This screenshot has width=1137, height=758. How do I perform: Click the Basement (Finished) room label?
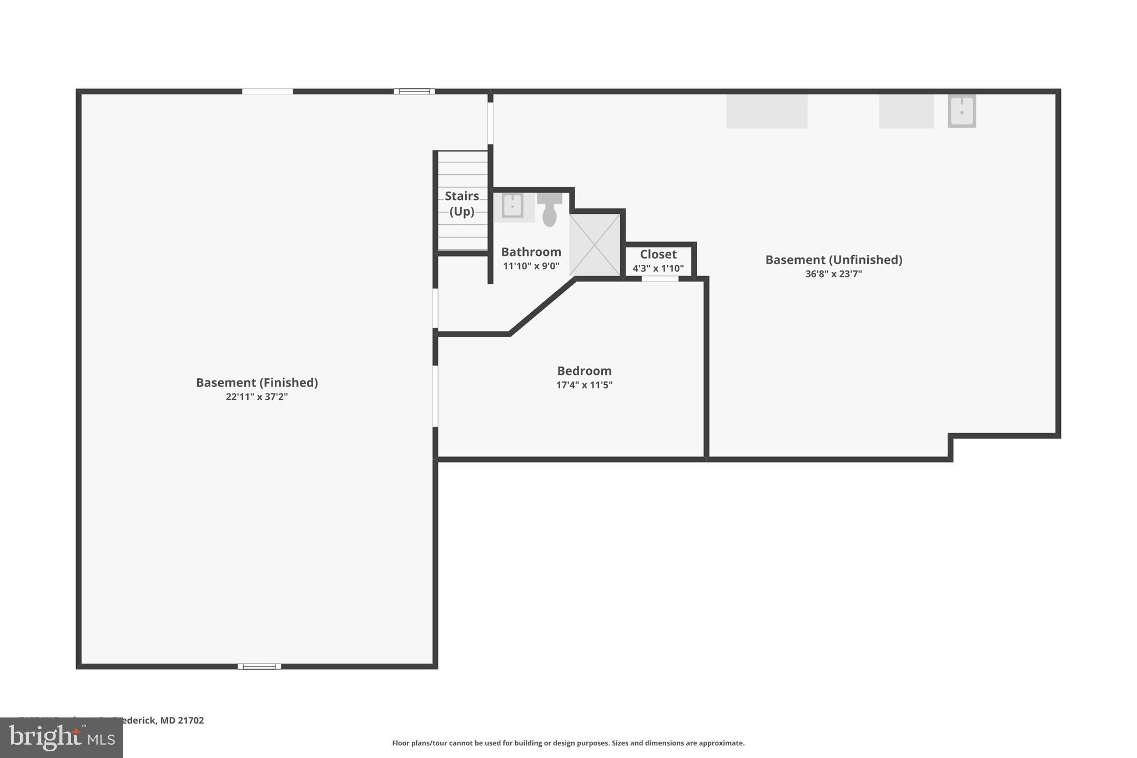[x=256, y=383]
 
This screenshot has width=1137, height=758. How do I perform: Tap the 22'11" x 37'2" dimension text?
[x=256, y=396]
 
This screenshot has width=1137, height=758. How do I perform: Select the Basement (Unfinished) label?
[x=833, y=260]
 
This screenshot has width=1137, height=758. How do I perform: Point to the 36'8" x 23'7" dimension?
[x=833, y=274]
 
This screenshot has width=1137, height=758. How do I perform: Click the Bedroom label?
[x=584, y=371]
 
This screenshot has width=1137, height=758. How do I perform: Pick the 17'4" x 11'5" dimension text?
[x=584, y=385]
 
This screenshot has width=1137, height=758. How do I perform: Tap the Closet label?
[x=658, y=254]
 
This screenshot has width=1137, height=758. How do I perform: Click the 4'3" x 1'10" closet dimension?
[x=658, y=269]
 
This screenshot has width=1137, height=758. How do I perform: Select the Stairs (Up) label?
[x=461, y=203]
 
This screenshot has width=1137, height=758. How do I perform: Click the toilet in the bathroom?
[x=549, y=210]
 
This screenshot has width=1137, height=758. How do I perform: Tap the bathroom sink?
[x=512, y=205]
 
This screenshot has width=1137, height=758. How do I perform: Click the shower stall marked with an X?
[x=595, y=245]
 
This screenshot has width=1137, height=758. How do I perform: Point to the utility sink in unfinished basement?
[x=962, y=111]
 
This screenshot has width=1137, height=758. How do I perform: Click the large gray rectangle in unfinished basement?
[x=767, y=112]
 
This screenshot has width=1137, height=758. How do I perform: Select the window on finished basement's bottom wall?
[x=259, y=666]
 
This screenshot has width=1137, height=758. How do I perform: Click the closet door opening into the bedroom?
[x=660, y=279]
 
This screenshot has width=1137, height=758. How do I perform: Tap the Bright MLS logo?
[x=62, y=738]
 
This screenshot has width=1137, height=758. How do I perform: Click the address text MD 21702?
[x=182, y=720]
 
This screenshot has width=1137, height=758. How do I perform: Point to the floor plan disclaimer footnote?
[x=568, y=743]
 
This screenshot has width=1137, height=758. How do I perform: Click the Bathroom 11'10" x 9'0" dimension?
[x=531, y=266]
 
